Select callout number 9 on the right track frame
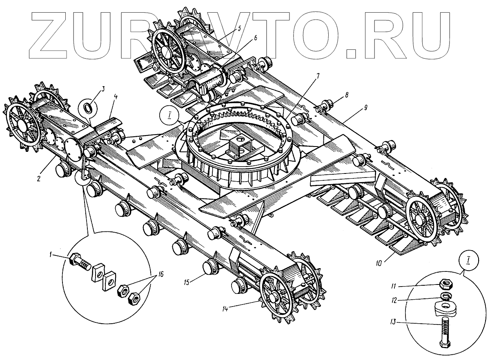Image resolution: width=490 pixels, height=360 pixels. coord(366,108)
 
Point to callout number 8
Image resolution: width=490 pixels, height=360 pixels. coord(346,95)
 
